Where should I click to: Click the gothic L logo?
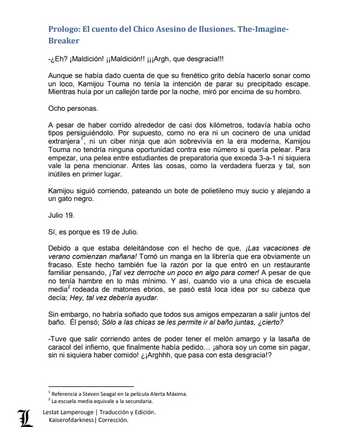click(x=24, y=416)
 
